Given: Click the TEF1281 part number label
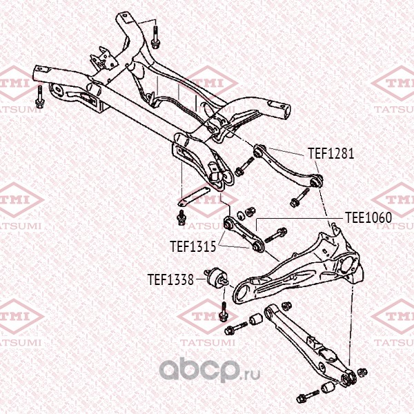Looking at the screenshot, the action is [x=331, y=154].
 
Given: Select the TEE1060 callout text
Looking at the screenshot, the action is [x=368, y=217].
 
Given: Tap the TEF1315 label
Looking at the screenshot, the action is [x=193, y=245].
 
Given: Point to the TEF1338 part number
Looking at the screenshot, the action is [x=170, y=280].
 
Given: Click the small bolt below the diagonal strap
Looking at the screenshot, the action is [x=181, y=218].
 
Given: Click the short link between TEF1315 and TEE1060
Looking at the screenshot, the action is [x=244, y=234].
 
